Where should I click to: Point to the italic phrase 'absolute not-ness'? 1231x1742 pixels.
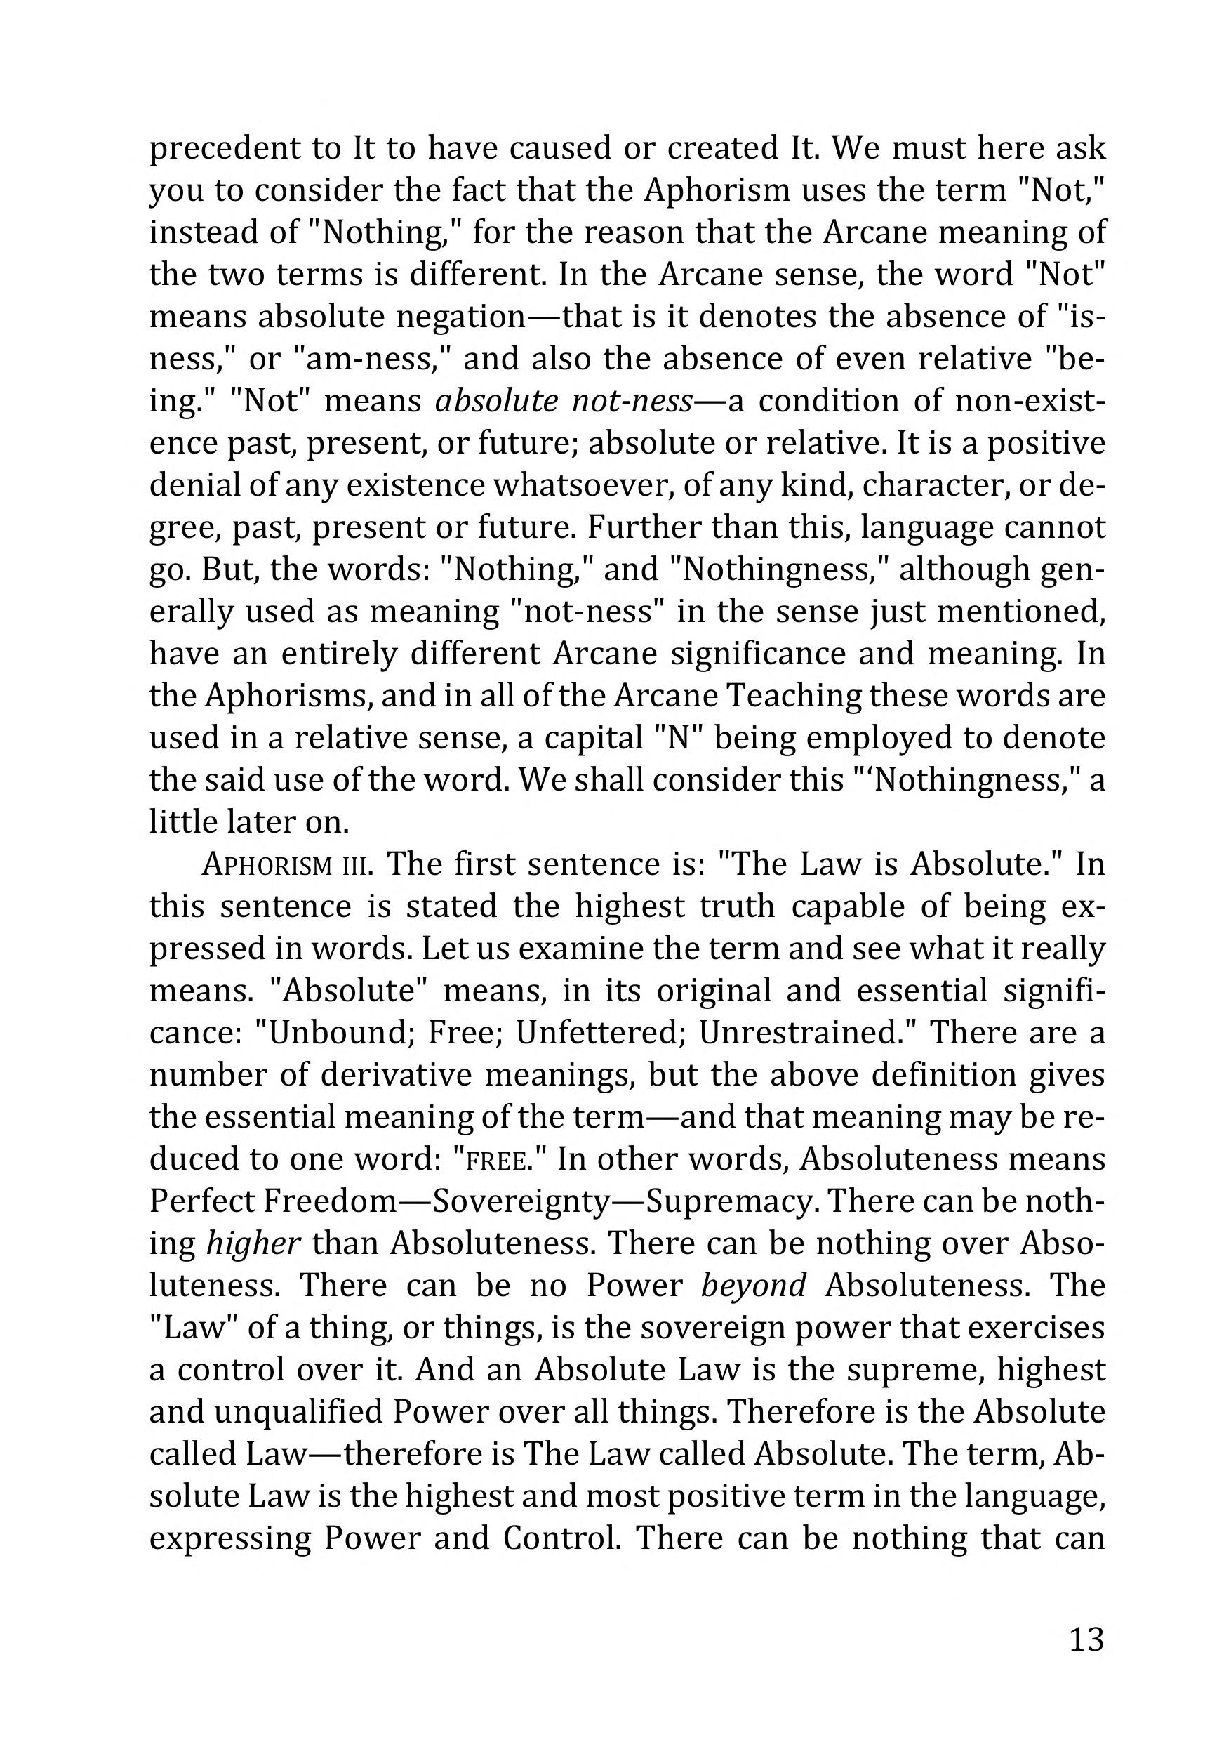[x=564, y=402]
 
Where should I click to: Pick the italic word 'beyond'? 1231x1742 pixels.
[x=753, y=1285]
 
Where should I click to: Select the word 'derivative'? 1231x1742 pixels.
[x=396, y=1075]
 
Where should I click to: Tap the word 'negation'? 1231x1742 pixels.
[x=460, y=317]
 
